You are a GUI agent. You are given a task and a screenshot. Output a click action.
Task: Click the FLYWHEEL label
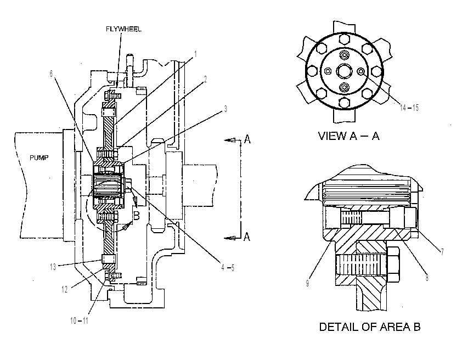123,29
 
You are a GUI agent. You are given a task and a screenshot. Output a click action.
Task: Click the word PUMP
39,157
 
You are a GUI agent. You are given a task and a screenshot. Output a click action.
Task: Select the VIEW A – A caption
349,136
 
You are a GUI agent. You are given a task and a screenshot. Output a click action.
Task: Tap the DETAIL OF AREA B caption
370,327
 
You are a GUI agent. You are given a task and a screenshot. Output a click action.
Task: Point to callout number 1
195,54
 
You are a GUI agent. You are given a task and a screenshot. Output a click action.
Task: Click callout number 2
205,79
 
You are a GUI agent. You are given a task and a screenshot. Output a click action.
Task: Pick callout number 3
226,109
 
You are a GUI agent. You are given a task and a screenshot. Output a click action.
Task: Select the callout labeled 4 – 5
228,267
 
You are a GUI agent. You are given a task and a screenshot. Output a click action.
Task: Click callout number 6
51,74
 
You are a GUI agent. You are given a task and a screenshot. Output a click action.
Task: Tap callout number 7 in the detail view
442,252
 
